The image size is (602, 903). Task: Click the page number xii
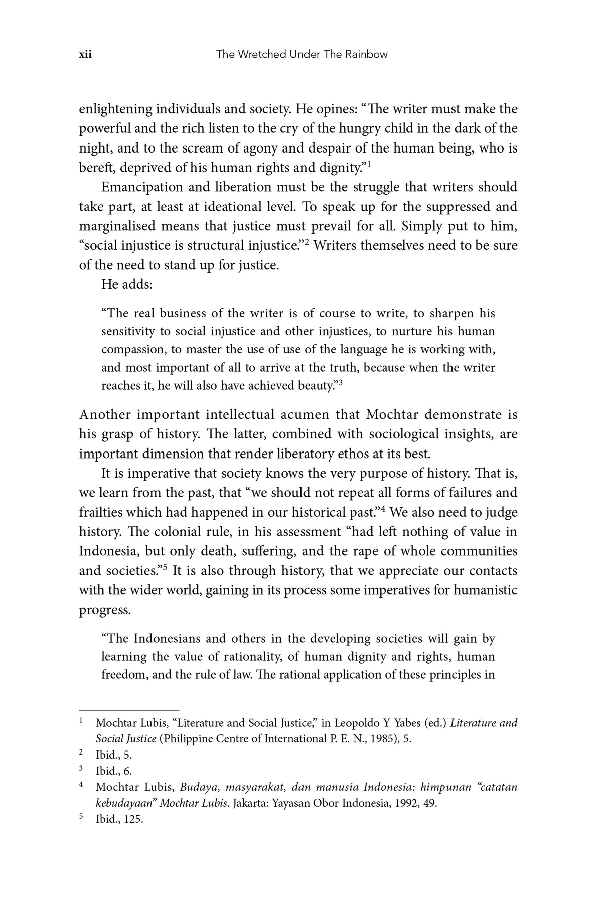click(85, 54)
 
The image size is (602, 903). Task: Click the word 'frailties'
click(100, 512)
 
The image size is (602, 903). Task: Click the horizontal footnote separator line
click(129, 710)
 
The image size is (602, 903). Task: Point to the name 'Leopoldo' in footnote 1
click(357, 723)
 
